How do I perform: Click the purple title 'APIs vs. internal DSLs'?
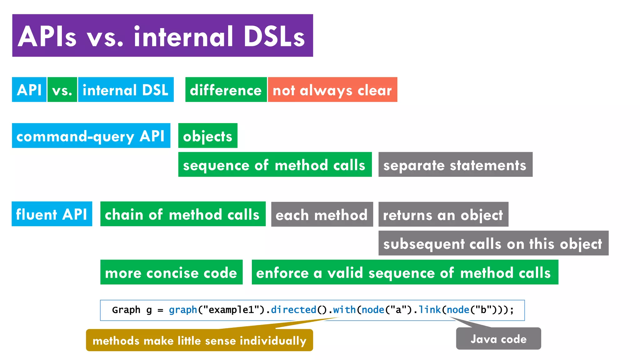[162, 35]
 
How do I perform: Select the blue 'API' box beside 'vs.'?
[29, 90]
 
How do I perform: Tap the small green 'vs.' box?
[62, 90]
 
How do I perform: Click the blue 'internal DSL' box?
[126, 90]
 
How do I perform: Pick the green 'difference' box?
[226, 90]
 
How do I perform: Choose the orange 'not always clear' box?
[332, 90]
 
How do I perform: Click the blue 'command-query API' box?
[91, 136]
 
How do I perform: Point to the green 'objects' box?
[208, 136]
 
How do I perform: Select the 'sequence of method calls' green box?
[275, 165]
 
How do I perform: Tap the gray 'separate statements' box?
[455, 165]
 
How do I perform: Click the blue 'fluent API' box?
[52, 214]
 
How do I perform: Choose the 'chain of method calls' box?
[183, 214]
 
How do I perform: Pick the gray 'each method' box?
[322, 214]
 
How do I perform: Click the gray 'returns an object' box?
[443, 214]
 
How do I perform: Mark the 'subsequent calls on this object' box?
[493, 243]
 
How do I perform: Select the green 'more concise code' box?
[171, 272]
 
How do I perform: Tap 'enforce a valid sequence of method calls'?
[405, 272]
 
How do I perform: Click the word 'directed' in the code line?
[293, 310]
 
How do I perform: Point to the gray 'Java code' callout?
[498, 338]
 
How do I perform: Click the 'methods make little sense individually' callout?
[199, 340]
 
